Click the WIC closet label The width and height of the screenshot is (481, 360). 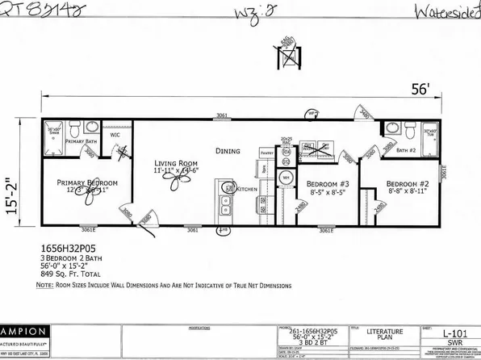(x=116, y=136)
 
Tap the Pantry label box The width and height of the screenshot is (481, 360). (x=269, y=150)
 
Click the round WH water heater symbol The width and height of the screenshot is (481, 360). (x=287, y=175)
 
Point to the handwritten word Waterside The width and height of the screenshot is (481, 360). (x=441, y=12)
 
